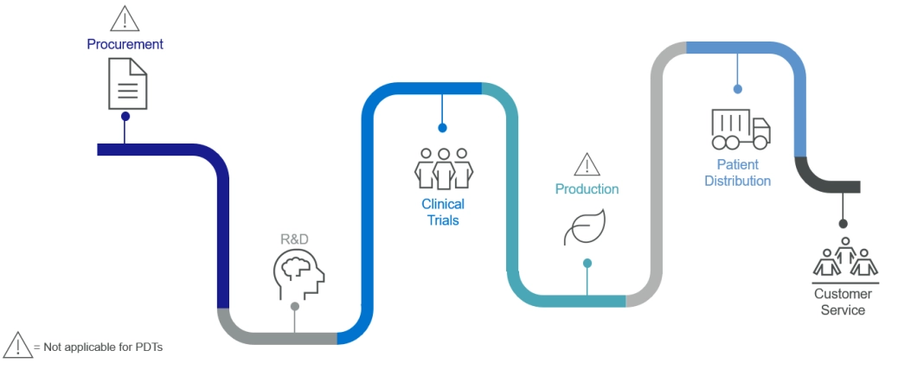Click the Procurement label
coord(125,44)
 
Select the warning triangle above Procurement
coord(125,16)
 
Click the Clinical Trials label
coord(443,212)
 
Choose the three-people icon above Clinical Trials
coord(444,168)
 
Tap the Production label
coord(587,189)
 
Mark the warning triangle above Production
coord(587,163)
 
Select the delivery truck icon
coord(740,129)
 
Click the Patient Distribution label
coord(737,173)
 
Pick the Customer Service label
coord(843,302)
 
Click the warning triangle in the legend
coord(17,344)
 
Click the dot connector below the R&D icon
coord(295,306)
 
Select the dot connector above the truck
coord(737,88)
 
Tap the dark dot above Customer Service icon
coord(843,224)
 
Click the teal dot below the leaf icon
coord(587,263)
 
